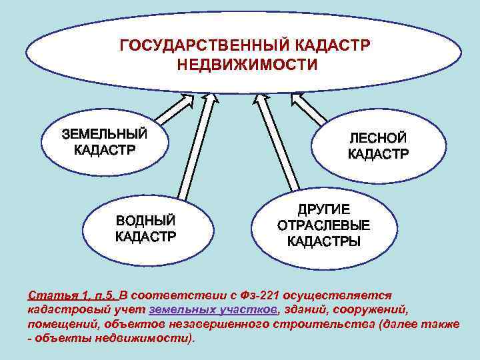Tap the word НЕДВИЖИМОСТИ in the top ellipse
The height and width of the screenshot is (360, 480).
(247, 65)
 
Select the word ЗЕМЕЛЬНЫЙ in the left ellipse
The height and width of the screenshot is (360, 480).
(105, 133)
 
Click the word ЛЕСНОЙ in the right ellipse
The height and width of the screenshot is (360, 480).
(378, 138)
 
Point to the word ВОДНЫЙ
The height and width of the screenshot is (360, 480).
(146, 220)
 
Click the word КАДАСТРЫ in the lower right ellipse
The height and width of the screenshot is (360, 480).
(323, 241)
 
